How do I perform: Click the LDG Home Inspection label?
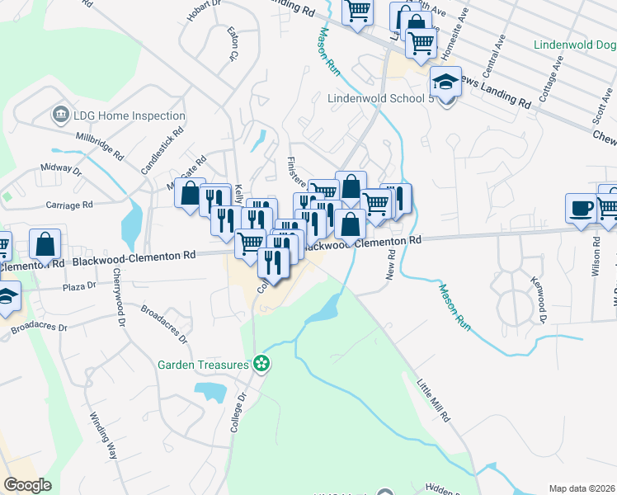pos(120,113)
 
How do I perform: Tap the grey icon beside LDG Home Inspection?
pos(59,113)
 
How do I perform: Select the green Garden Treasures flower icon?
pos(261,362)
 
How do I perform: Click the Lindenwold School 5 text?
pos(380,98)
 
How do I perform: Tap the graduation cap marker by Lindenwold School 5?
pos(445,83)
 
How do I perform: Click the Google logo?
pos(27,485)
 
